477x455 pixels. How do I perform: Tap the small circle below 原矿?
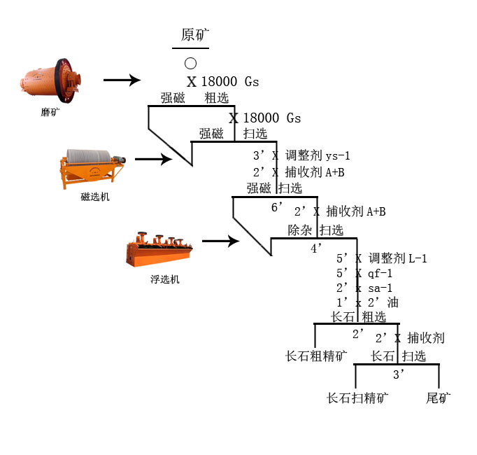tap(190, 64)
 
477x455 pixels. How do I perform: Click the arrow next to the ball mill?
tap(122, 81)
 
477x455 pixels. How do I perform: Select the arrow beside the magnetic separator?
tap(153, 160)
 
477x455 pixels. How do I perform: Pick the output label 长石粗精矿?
tap(316, 356)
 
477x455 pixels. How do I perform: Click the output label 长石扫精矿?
tap(357, 398)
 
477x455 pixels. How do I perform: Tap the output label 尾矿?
tap(439, 398)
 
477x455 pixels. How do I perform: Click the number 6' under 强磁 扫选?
tap(278, 207)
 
